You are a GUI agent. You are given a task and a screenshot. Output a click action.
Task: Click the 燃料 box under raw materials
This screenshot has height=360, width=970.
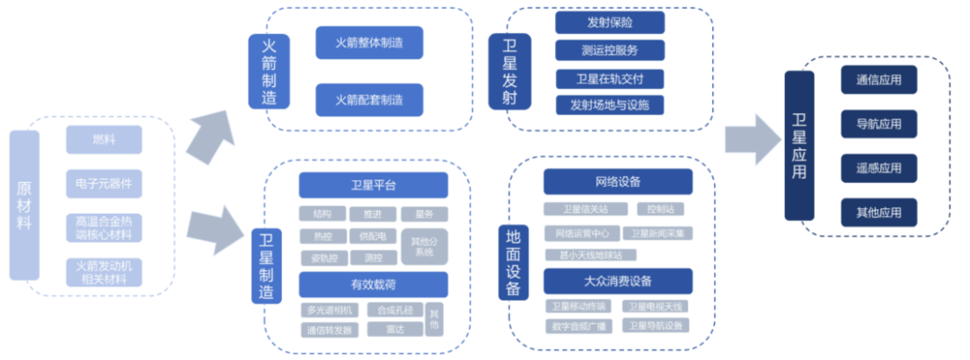pyautogui.click(x=103, y=140)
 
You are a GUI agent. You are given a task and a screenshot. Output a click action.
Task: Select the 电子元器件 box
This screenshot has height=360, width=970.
pyautogui.click(x=103, y=184)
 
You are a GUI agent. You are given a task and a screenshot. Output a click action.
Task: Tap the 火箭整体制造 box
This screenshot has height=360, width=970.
pyautogui.click(x=369, y=43)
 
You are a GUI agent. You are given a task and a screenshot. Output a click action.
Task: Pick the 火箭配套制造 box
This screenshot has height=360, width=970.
pyautogui.click(x=369, y=99)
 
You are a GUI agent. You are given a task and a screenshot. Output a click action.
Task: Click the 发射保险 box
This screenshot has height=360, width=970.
pyautogui.click(x=610, y=22)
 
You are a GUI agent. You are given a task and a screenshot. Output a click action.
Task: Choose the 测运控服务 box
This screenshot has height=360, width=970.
pyautogui.click(x=610, y=50)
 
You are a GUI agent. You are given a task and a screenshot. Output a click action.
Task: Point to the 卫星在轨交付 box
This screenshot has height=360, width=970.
pyautogui.click(x=610, y=78)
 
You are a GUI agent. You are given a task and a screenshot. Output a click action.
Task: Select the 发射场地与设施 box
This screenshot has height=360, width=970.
pyautogui.click(x=610, y=105)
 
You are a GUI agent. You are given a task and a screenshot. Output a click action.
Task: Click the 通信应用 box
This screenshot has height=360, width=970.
pyautogui.click(x=879, y=80)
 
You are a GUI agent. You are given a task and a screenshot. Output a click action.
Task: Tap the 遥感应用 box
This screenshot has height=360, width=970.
pyautogui.click(x=879, y=168)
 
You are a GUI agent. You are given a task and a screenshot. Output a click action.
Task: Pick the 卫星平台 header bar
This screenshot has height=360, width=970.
pyautogui.click(x=373, y=186)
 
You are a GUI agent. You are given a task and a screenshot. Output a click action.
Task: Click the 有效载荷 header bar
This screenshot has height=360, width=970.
pyautogui.click(x=373, y=285)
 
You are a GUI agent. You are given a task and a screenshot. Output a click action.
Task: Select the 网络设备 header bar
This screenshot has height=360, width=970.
pyautogui.click(x=618, y=182)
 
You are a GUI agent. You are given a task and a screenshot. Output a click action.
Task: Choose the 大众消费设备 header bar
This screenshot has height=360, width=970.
pyautogui.click(x=618, y=282)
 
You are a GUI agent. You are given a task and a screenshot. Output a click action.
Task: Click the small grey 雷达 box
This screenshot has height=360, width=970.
pyautogui.click(x=395, y=329)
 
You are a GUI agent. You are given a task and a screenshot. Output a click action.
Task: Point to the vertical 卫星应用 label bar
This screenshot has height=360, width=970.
pyautogui.click(x=799, y=145)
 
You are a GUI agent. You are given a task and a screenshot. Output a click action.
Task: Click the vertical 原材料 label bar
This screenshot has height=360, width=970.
pyautogui.click(x=24, y=205)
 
